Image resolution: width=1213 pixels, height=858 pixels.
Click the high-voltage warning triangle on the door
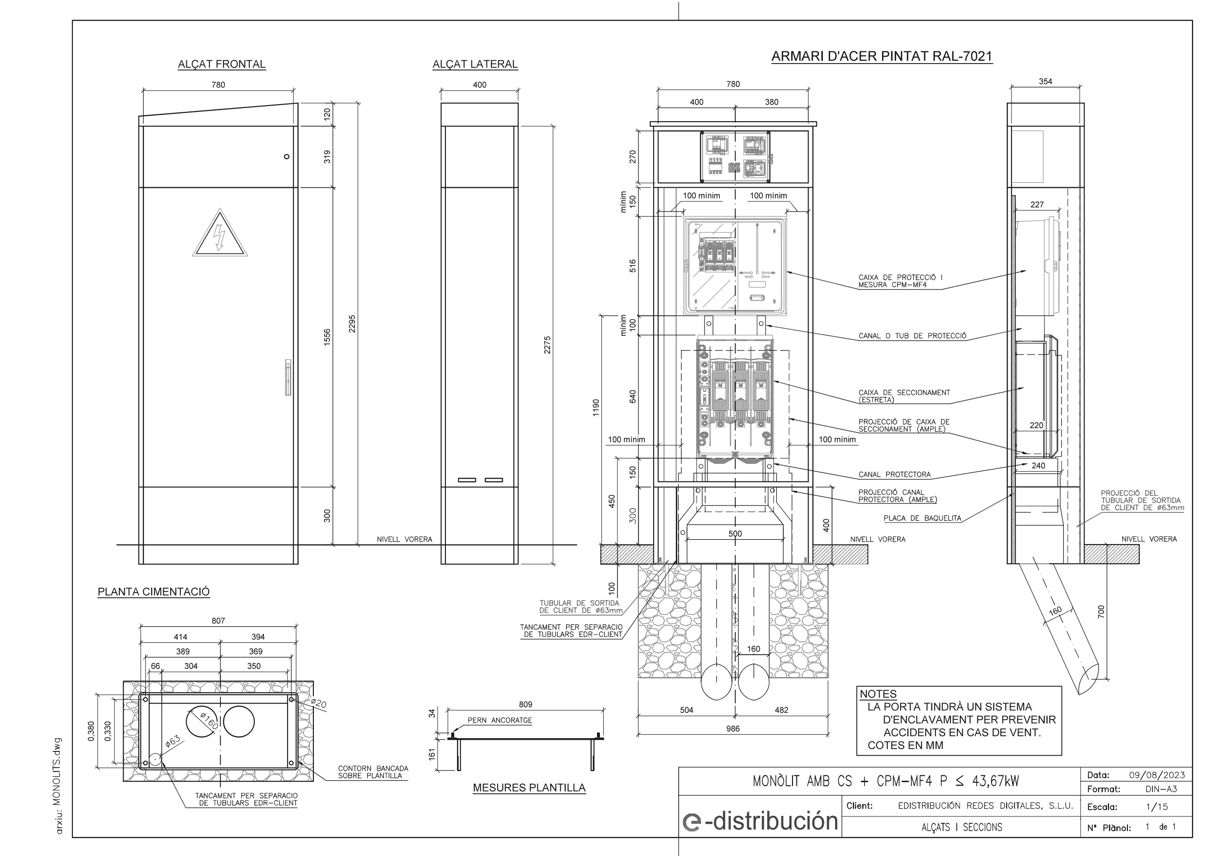219,235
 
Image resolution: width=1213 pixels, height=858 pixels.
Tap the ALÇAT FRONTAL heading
221,65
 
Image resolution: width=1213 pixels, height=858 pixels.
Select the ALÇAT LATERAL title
474,65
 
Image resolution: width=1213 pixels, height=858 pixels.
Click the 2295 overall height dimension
353,323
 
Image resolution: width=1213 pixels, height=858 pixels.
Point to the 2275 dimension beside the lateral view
547,345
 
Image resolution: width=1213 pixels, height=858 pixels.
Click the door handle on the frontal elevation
287,377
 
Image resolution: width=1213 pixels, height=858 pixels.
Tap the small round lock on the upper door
287,156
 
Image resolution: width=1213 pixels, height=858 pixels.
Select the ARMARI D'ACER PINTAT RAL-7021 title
881,57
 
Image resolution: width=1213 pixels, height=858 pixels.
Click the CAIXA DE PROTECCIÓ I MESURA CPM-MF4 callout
900,281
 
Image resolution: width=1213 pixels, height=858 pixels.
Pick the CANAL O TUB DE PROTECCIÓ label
912,336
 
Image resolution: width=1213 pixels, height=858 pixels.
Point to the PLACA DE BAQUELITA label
922,518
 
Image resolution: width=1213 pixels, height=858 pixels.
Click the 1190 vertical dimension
596,407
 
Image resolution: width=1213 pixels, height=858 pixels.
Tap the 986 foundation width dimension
732,728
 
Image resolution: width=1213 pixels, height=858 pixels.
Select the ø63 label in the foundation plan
173,741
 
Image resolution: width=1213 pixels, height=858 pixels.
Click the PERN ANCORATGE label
499,720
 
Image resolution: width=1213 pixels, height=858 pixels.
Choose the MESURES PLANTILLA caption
529,788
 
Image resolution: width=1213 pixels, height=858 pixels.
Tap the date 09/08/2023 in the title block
1156,775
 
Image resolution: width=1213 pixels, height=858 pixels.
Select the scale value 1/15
1156,807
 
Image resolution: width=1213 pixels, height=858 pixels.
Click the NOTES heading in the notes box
878,694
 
